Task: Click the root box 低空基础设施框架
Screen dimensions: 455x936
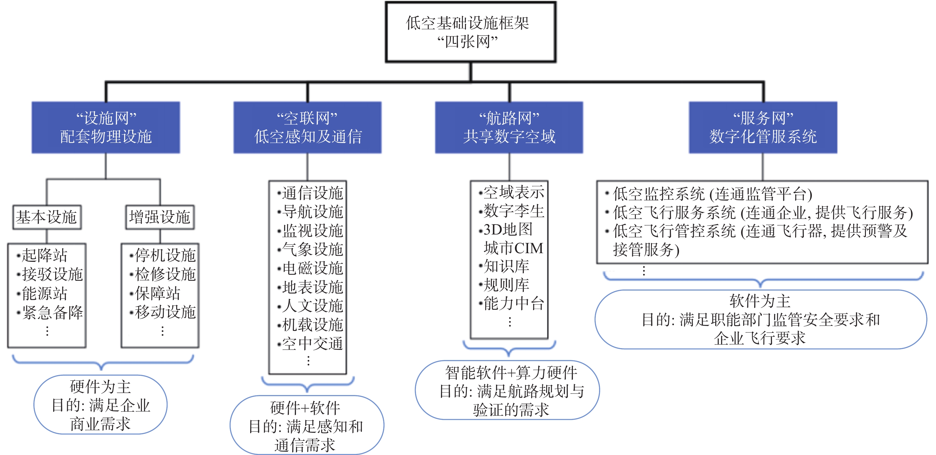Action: tap(471, 32)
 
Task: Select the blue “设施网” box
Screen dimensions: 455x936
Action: tap(106, 127)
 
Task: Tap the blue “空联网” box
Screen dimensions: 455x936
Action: tap(308, 127)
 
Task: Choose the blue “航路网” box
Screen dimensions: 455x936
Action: tap(509, 127)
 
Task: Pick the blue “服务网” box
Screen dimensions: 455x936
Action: tap(763, 127)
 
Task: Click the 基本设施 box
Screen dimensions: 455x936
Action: tap(47, 217)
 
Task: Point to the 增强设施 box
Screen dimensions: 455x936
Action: tap(160, 217)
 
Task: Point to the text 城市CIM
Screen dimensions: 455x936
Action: tap(513, 248)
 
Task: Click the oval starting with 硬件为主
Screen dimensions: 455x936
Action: tap(101, 405)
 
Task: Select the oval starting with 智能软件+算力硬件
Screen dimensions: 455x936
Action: tap(507, 390)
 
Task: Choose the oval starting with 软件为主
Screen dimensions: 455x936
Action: tap(760, 319)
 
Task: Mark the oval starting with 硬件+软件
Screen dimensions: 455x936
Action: tap(307, 425)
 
